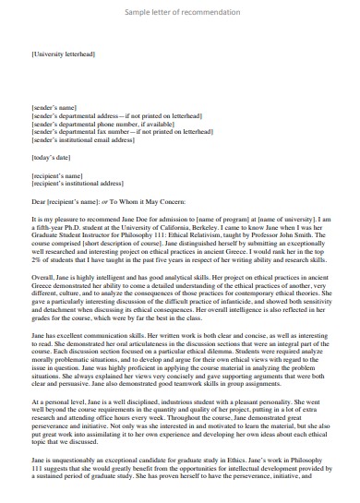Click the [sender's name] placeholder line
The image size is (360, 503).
click(54, 108)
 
